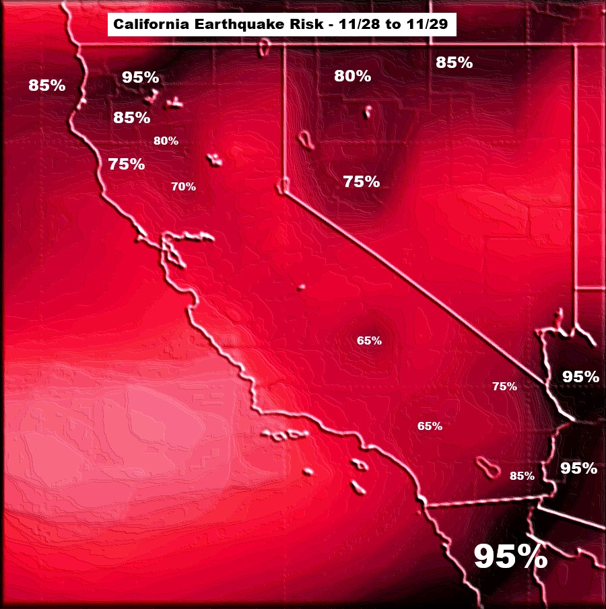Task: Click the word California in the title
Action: tap(147, 26)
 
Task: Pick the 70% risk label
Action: tap(183, 186)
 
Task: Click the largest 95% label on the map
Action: tap(510, 557)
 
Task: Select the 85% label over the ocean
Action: tap(47, 85)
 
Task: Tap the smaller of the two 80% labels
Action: tap(166, 141)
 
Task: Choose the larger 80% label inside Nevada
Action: tap(353, 76)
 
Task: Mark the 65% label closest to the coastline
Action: tap(430, 426)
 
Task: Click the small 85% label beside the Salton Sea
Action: tap(522, 476)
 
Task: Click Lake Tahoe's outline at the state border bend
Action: tap(284, 185)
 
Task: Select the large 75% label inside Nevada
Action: tap(362, 181)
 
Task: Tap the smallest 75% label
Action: tap(504, 386)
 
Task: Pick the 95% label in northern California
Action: tap(141, 77)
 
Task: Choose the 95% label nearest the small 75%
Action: tap(580, 376)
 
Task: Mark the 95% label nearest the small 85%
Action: tap(578, 468)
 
